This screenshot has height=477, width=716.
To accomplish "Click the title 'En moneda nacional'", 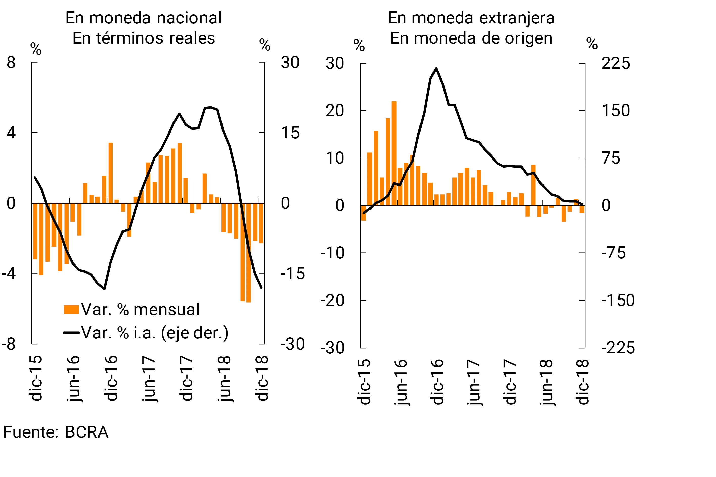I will point(143,18).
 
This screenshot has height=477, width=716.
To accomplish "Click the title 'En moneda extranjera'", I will point(471,18).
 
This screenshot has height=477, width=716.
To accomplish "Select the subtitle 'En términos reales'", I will point(144,38).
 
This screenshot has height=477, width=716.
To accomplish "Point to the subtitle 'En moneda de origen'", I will point(471,38).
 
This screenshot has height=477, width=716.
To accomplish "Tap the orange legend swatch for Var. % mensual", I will point(71,310).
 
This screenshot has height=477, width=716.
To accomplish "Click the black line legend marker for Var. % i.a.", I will point(71,332).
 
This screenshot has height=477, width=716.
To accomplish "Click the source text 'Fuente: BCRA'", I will point(56,432).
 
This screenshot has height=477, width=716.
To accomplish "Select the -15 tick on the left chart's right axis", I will point(292,274).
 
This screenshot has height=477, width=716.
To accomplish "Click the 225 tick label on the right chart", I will point(615,64).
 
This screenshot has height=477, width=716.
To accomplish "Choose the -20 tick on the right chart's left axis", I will point(332,301).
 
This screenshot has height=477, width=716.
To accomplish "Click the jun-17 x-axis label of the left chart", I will point(148,379).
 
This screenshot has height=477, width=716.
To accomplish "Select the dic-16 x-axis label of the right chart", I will point(437,382).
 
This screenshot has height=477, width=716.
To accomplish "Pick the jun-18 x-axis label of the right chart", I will point(546,382).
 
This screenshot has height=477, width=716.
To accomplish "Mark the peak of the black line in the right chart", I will point(436,68).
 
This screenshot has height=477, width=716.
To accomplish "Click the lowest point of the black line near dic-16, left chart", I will point(104,289).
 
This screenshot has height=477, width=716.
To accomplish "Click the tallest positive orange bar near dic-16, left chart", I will point(111,173).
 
